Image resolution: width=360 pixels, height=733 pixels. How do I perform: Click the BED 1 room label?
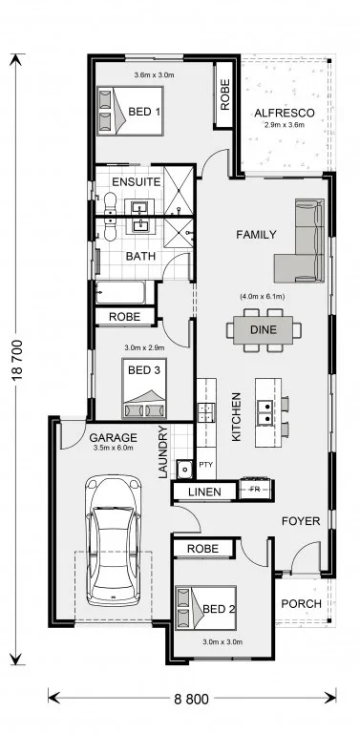tap(144, 112)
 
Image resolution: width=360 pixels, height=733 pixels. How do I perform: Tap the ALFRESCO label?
tap(285, 114)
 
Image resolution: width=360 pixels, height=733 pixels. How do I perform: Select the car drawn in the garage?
tap(113, 540)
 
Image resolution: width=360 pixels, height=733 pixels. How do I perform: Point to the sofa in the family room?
tap(299, 241)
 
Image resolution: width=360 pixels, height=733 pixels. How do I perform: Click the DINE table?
tap(264, 330)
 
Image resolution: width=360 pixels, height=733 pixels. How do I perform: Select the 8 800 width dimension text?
tap(192, 700)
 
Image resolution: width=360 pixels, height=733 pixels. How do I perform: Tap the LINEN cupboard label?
tap(204, 492)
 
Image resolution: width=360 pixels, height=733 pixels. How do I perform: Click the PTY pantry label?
tap(205, 464)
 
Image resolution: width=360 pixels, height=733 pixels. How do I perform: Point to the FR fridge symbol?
tap(255, 490)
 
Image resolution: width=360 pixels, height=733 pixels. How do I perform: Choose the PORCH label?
tap(301, 603)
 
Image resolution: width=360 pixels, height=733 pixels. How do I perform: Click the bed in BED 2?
tap(205, 608)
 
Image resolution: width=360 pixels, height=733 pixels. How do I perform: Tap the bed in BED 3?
tap(144, 388)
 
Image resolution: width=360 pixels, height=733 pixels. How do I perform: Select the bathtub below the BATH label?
tap(120, 293)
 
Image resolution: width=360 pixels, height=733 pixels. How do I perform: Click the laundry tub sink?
tap(184, 469)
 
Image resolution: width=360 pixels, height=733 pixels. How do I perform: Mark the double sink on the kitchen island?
tap(265, 413)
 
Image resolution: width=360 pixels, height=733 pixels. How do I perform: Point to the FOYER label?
tap(301, 521)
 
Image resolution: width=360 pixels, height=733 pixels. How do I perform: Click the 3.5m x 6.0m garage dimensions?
tap(114, 448)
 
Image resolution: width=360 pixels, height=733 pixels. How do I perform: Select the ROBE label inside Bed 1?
tap(225, 94)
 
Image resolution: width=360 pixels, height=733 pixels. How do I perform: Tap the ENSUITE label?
tap(137, 181)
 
